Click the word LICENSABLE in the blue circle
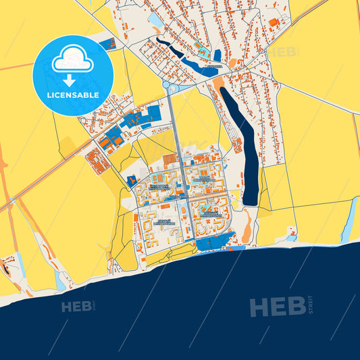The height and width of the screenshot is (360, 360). click(x=72, y=96)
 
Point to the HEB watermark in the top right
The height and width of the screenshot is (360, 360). click(x=284, y=51)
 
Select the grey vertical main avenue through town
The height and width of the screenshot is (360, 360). click(x=180, y=169)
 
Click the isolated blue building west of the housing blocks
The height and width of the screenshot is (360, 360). click(x=130, y=180)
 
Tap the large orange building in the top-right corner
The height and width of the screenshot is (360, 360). click(x=274, y=23)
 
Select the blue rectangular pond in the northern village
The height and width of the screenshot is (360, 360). click(x=217, y=56)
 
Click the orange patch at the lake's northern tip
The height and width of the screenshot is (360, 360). click(x=219, y=82)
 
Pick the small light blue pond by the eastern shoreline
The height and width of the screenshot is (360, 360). click(x=291, y=237)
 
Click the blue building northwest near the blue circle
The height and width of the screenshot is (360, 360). click(x=106, y=43)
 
